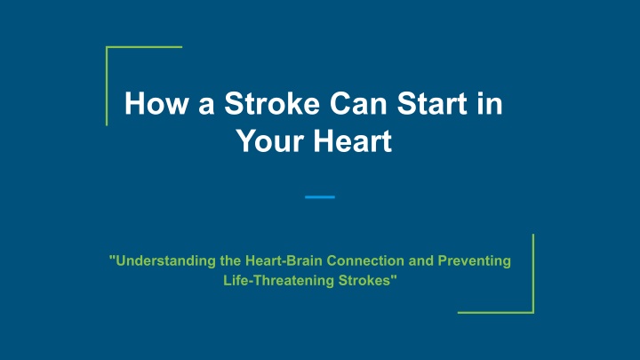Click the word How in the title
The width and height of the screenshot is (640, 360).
pos(156,103)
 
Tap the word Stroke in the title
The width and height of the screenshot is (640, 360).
pos(272,103)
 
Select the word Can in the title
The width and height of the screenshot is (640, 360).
pos(358,103)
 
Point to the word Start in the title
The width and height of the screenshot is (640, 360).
pos(432,103)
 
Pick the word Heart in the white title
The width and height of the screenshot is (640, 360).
pos(353,140)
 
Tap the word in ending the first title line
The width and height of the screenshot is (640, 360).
pos(490,103)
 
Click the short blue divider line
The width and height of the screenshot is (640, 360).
pos(320,197)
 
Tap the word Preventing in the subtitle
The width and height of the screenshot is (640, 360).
pos(475,260)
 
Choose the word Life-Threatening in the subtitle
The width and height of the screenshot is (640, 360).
pos(279,280)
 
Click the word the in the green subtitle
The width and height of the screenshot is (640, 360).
pos(230,260)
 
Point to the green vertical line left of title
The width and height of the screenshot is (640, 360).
pos(107,86)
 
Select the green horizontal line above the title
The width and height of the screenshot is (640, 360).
pos(144,47)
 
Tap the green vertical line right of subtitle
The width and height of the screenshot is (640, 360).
pos(533,274)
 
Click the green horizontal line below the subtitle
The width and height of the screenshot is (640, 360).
pos(496,313)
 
